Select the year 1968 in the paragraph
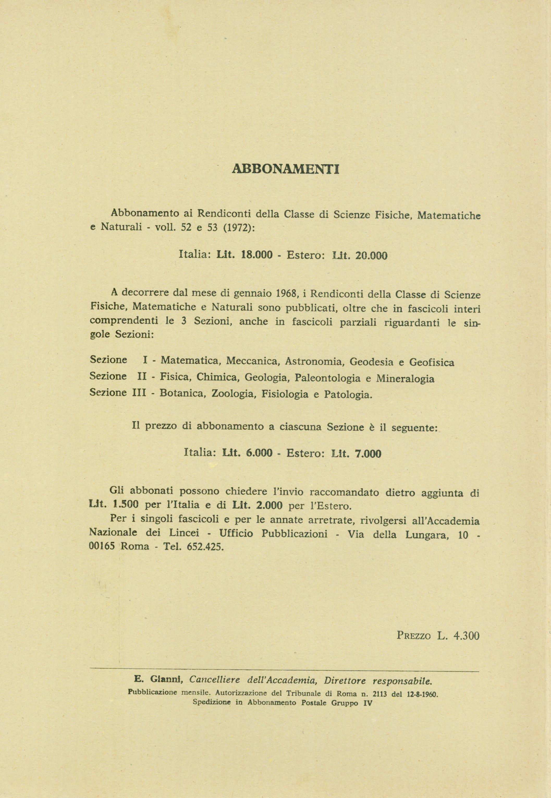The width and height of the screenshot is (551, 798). (287, 294)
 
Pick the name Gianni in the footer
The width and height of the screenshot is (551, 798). (164, 680)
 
